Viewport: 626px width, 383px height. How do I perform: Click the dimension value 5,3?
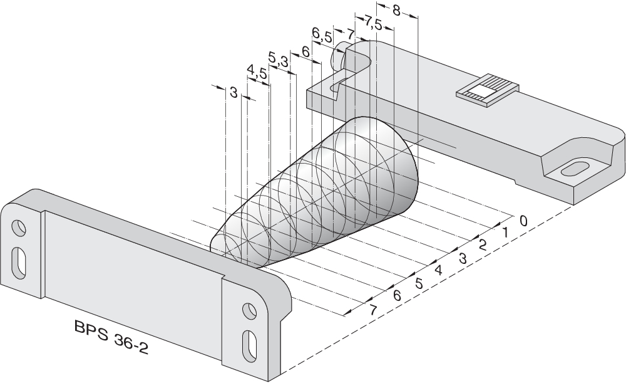(x=278, y=60)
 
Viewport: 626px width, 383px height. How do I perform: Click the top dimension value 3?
(x=233, y=93)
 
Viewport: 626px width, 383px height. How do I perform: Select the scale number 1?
(x=505, y=233)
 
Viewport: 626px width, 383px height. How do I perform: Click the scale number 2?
(x=483, y=245)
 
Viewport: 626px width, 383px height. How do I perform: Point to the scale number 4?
(x=438, y=271)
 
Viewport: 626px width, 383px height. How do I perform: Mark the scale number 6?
(x=396, y=296)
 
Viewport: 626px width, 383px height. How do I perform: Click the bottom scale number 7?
(x=374, y=310)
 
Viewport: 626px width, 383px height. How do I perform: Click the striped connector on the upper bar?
(x=488, y=90)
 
